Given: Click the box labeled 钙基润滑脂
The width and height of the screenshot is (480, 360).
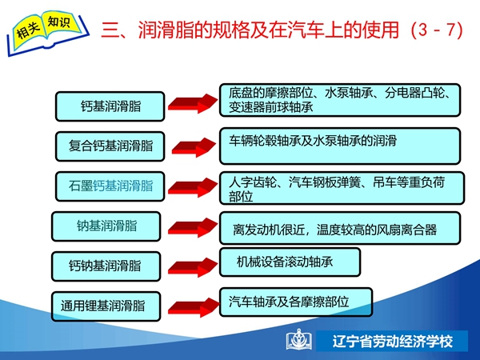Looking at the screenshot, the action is coord(110,106).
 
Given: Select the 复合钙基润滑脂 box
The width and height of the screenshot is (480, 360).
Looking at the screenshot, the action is coord(110,146).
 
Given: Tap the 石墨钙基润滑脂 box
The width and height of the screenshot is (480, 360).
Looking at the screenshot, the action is coord(110,186).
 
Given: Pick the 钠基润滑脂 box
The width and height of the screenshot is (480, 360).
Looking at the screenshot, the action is coord(106,226).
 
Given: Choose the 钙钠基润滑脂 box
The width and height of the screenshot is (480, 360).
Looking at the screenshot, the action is coord(106,266).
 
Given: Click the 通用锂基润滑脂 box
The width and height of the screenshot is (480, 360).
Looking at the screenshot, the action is coord(106,306).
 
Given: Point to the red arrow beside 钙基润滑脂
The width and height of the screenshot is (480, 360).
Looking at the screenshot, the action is coord(193,103).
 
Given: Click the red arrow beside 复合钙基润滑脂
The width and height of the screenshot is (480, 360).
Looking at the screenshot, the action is coord(194,147).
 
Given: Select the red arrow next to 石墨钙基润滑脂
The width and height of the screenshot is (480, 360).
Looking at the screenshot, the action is coord(193,187).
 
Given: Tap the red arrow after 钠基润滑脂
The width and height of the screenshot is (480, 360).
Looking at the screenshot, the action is coord(193,227).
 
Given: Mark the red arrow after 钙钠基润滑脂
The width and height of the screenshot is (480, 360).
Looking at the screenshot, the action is coord(193,267).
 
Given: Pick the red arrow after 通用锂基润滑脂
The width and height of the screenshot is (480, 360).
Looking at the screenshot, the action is coord(194,307).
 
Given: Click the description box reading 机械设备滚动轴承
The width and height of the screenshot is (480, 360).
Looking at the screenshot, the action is coord(290,262).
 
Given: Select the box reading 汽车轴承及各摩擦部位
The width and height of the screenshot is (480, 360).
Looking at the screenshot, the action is coord(296,302).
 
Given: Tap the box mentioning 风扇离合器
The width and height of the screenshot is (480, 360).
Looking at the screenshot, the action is coord(340,228).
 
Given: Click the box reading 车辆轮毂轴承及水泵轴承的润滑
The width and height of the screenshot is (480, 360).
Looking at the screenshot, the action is coord(340,146).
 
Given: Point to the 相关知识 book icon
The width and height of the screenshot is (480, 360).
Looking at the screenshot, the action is coord(47,33).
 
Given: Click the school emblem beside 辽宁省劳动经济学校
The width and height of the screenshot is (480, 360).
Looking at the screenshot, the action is coord(299,340).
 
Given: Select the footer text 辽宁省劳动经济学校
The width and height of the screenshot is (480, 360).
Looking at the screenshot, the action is coord(392,341).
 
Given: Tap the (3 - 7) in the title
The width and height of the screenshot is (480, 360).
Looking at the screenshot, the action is coord(437,30).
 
